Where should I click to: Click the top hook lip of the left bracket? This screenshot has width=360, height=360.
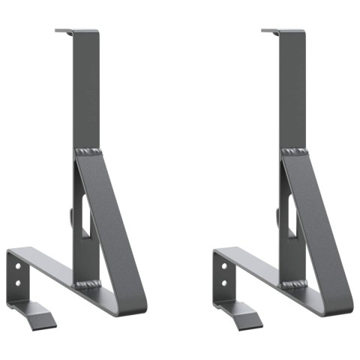click(64, 31)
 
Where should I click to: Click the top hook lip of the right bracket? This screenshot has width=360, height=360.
click(271, 31)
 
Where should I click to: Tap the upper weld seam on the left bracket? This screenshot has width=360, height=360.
click(87, 153)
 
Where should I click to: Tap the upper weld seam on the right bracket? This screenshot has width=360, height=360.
click(294, 153)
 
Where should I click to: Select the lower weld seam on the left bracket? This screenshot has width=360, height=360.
click(87, 284)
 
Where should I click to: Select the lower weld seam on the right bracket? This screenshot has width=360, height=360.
click(295, 284)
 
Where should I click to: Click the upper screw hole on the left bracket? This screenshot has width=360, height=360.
click(17, 265)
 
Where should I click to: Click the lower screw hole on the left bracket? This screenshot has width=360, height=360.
click(17, 284)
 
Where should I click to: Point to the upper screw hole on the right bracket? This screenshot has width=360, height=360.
click(224, 265)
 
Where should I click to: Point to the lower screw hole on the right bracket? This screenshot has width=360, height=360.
click(224, 284)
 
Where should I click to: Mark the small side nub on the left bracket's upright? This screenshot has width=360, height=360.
click(70, 217)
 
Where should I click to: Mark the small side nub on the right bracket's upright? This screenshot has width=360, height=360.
click(277, 217)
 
